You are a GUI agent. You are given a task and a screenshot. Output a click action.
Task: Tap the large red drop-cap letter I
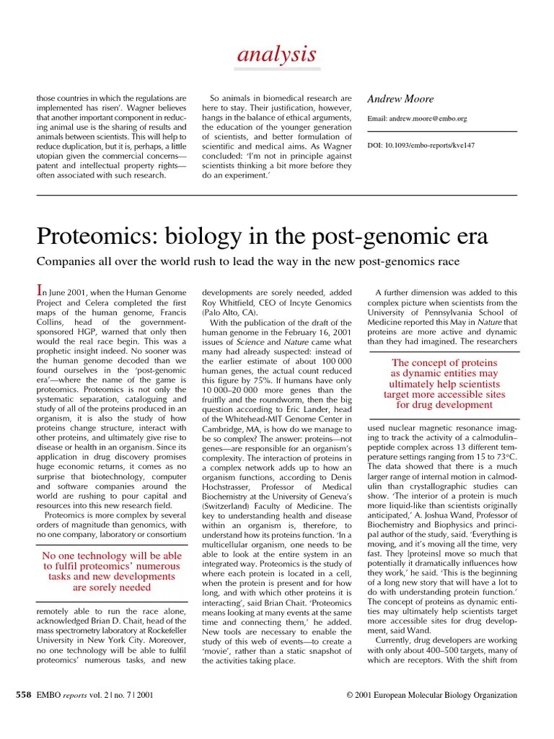click(x=40, y=291)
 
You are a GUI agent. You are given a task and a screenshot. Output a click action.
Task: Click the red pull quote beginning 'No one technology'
click(x=112, y=572)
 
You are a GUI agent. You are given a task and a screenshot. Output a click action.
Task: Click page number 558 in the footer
click(x=24, y=695)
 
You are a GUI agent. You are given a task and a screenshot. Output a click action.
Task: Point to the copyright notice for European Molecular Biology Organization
click(x=431, y=695)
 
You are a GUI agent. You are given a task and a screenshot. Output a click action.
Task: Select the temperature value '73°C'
click(x=504, y=457)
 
